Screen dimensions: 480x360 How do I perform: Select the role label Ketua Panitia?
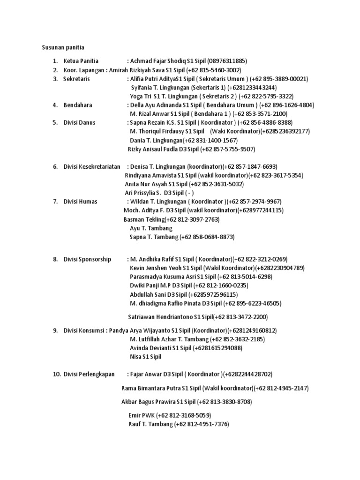point(81,61)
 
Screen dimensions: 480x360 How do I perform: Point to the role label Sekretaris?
point(77,79)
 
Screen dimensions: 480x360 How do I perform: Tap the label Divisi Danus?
point(80,122)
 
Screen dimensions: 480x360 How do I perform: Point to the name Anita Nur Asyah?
point(146,184)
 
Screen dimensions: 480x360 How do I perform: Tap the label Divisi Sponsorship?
point(88,259)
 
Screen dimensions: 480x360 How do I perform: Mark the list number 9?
point(55,330)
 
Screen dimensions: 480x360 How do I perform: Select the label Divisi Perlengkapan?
point(90,374)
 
